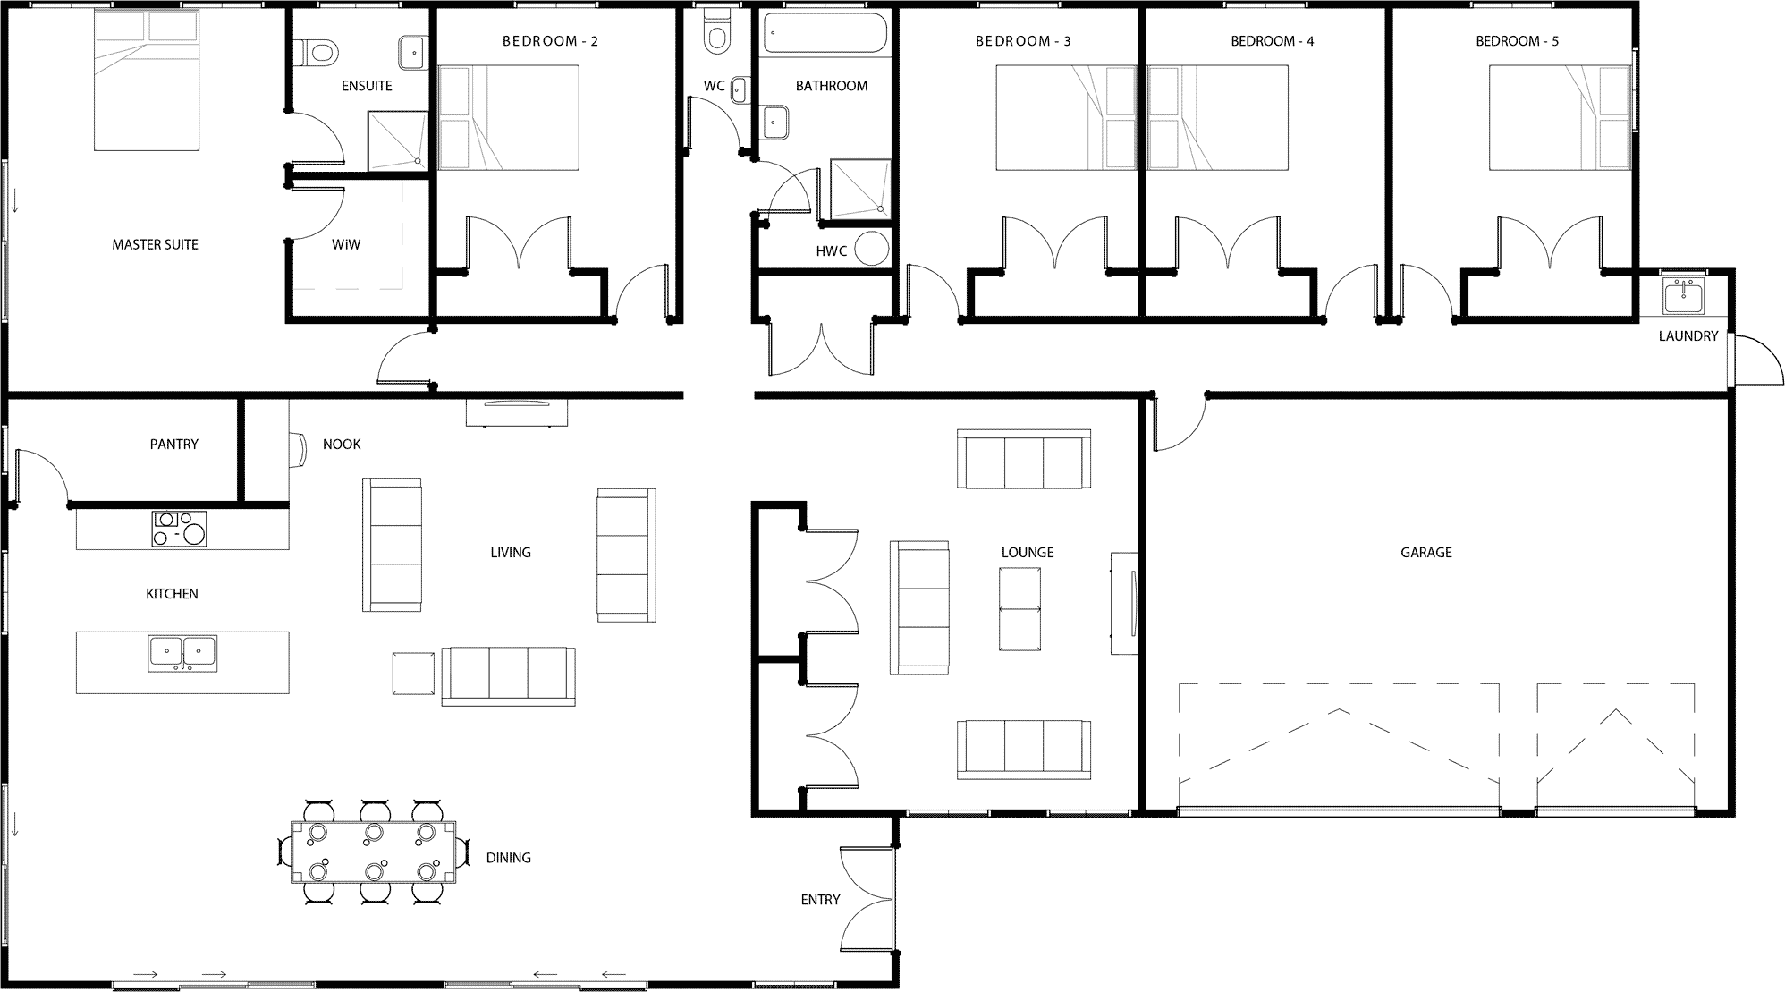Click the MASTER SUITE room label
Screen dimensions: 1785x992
(x=155, y=244)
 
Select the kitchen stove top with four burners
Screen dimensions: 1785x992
(x=180, y=529)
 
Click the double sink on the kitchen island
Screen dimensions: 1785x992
(x=182, y=653)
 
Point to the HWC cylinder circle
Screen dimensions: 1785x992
(x=872, y=248)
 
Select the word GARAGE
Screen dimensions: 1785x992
(x=1425, y=553)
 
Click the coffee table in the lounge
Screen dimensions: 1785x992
(x=1020, y=609)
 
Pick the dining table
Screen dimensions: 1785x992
(x=373, y=852)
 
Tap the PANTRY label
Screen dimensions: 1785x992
(x=174, y=444)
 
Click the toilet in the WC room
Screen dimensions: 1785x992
(x=717, y=30)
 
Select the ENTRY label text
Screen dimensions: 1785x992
(x=820, y=900)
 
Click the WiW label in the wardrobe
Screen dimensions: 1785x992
(x=346, y=244)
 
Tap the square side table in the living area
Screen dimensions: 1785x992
(x=413, y=673)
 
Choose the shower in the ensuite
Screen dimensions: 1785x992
(x=397, y=140)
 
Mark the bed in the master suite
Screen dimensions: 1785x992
(x=146, y=81)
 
